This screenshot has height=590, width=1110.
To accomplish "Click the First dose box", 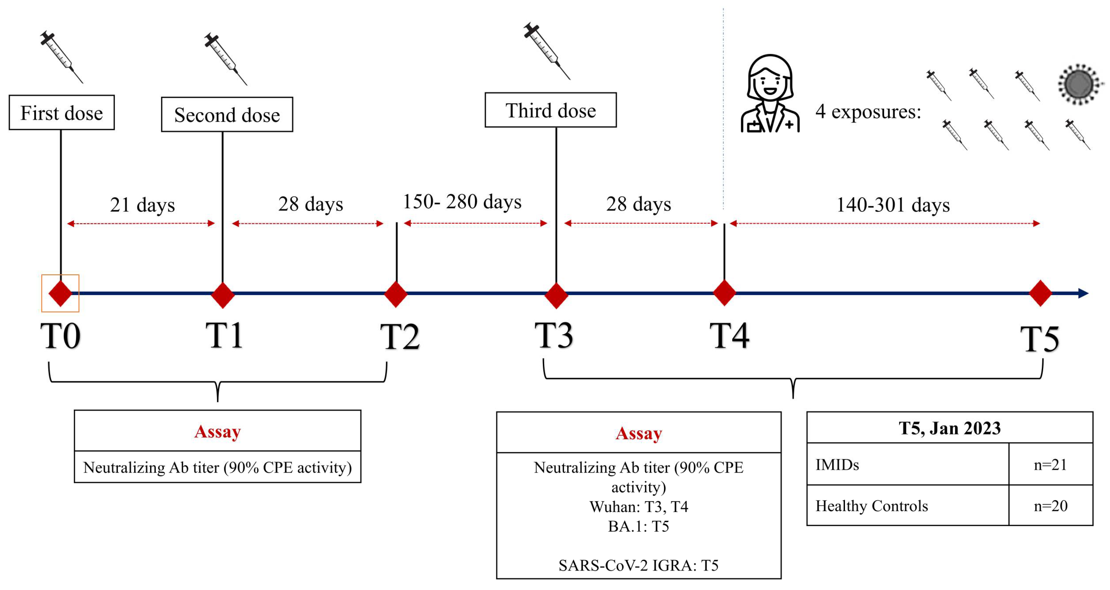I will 61,112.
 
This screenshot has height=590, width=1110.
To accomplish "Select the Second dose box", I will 227,115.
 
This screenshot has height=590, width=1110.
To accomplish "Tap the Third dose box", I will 550,110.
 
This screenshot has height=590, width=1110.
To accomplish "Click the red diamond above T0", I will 60,293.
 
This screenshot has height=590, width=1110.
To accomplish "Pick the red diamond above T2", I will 396,294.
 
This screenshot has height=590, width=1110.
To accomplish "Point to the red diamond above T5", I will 1040,293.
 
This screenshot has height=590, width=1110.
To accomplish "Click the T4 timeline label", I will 729,336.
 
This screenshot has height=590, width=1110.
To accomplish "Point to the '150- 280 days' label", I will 462,202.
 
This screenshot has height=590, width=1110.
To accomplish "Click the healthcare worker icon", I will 770,94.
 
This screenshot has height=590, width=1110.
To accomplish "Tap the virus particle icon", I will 1078,84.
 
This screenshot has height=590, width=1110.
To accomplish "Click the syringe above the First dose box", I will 61,56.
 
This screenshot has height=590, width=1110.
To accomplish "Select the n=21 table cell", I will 1050,464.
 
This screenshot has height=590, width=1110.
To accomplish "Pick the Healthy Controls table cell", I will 871,506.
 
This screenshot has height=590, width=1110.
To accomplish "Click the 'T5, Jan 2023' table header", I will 949,428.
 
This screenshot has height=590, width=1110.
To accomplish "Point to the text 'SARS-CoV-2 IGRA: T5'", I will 638,565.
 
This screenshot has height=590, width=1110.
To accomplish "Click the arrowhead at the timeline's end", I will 1083,293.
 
